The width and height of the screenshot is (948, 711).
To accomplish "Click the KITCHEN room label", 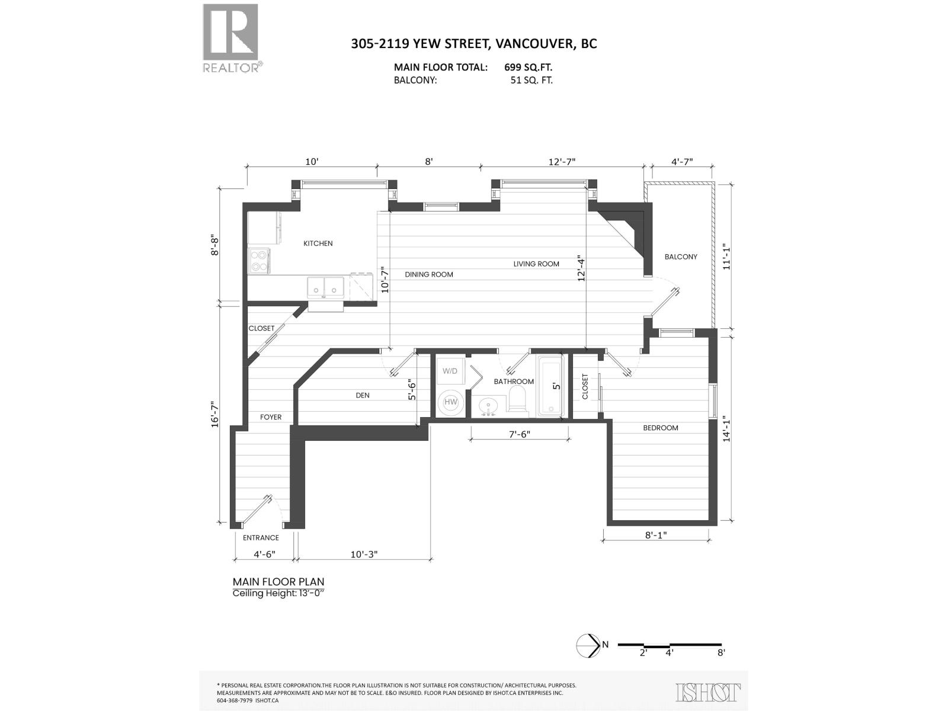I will pyautogui.click(x=318, y=244).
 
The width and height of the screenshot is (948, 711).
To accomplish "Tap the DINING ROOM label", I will pyautogui.click(x=429, y=274).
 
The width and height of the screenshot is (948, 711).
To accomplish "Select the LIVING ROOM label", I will pyautogui.click(x=536, y=264).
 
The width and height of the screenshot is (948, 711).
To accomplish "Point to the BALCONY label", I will pyautogui.click(x=681, y=257).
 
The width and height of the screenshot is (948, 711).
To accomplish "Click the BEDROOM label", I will pyautogui.click(x=661, y=428).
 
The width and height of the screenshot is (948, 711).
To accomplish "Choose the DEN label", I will pyautogui.click(x=363, y=395).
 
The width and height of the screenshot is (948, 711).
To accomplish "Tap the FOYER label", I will pyautogui.click(x=271, y=417).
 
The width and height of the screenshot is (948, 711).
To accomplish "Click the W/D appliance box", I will pyautogui.click(x=450, y=371).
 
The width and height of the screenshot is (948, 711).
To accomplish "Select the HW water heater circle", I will pyautogui.click(x=451, y=402).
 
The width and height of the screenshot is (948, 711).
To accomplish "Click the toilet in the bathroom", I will pyautogui.click(x=518, y=400).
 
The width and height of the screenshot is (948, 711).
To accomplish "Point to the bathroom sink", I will pyautogui.click(x=489, y=407).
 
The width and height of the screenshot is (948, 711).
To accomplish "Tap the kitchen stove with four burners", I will pyautogui.click(x=260, y=261).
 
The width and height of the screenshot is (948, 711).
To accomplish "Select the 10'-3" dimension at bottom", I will pyautogui.click(x=364, y=555).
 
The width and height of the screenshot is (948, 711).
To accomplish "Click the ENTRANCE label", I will pyautogui.click(x=261, y=538).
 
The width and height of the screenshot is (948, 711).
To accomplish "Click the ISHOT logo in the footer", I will pyautogui.click(x=708, y=692).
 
